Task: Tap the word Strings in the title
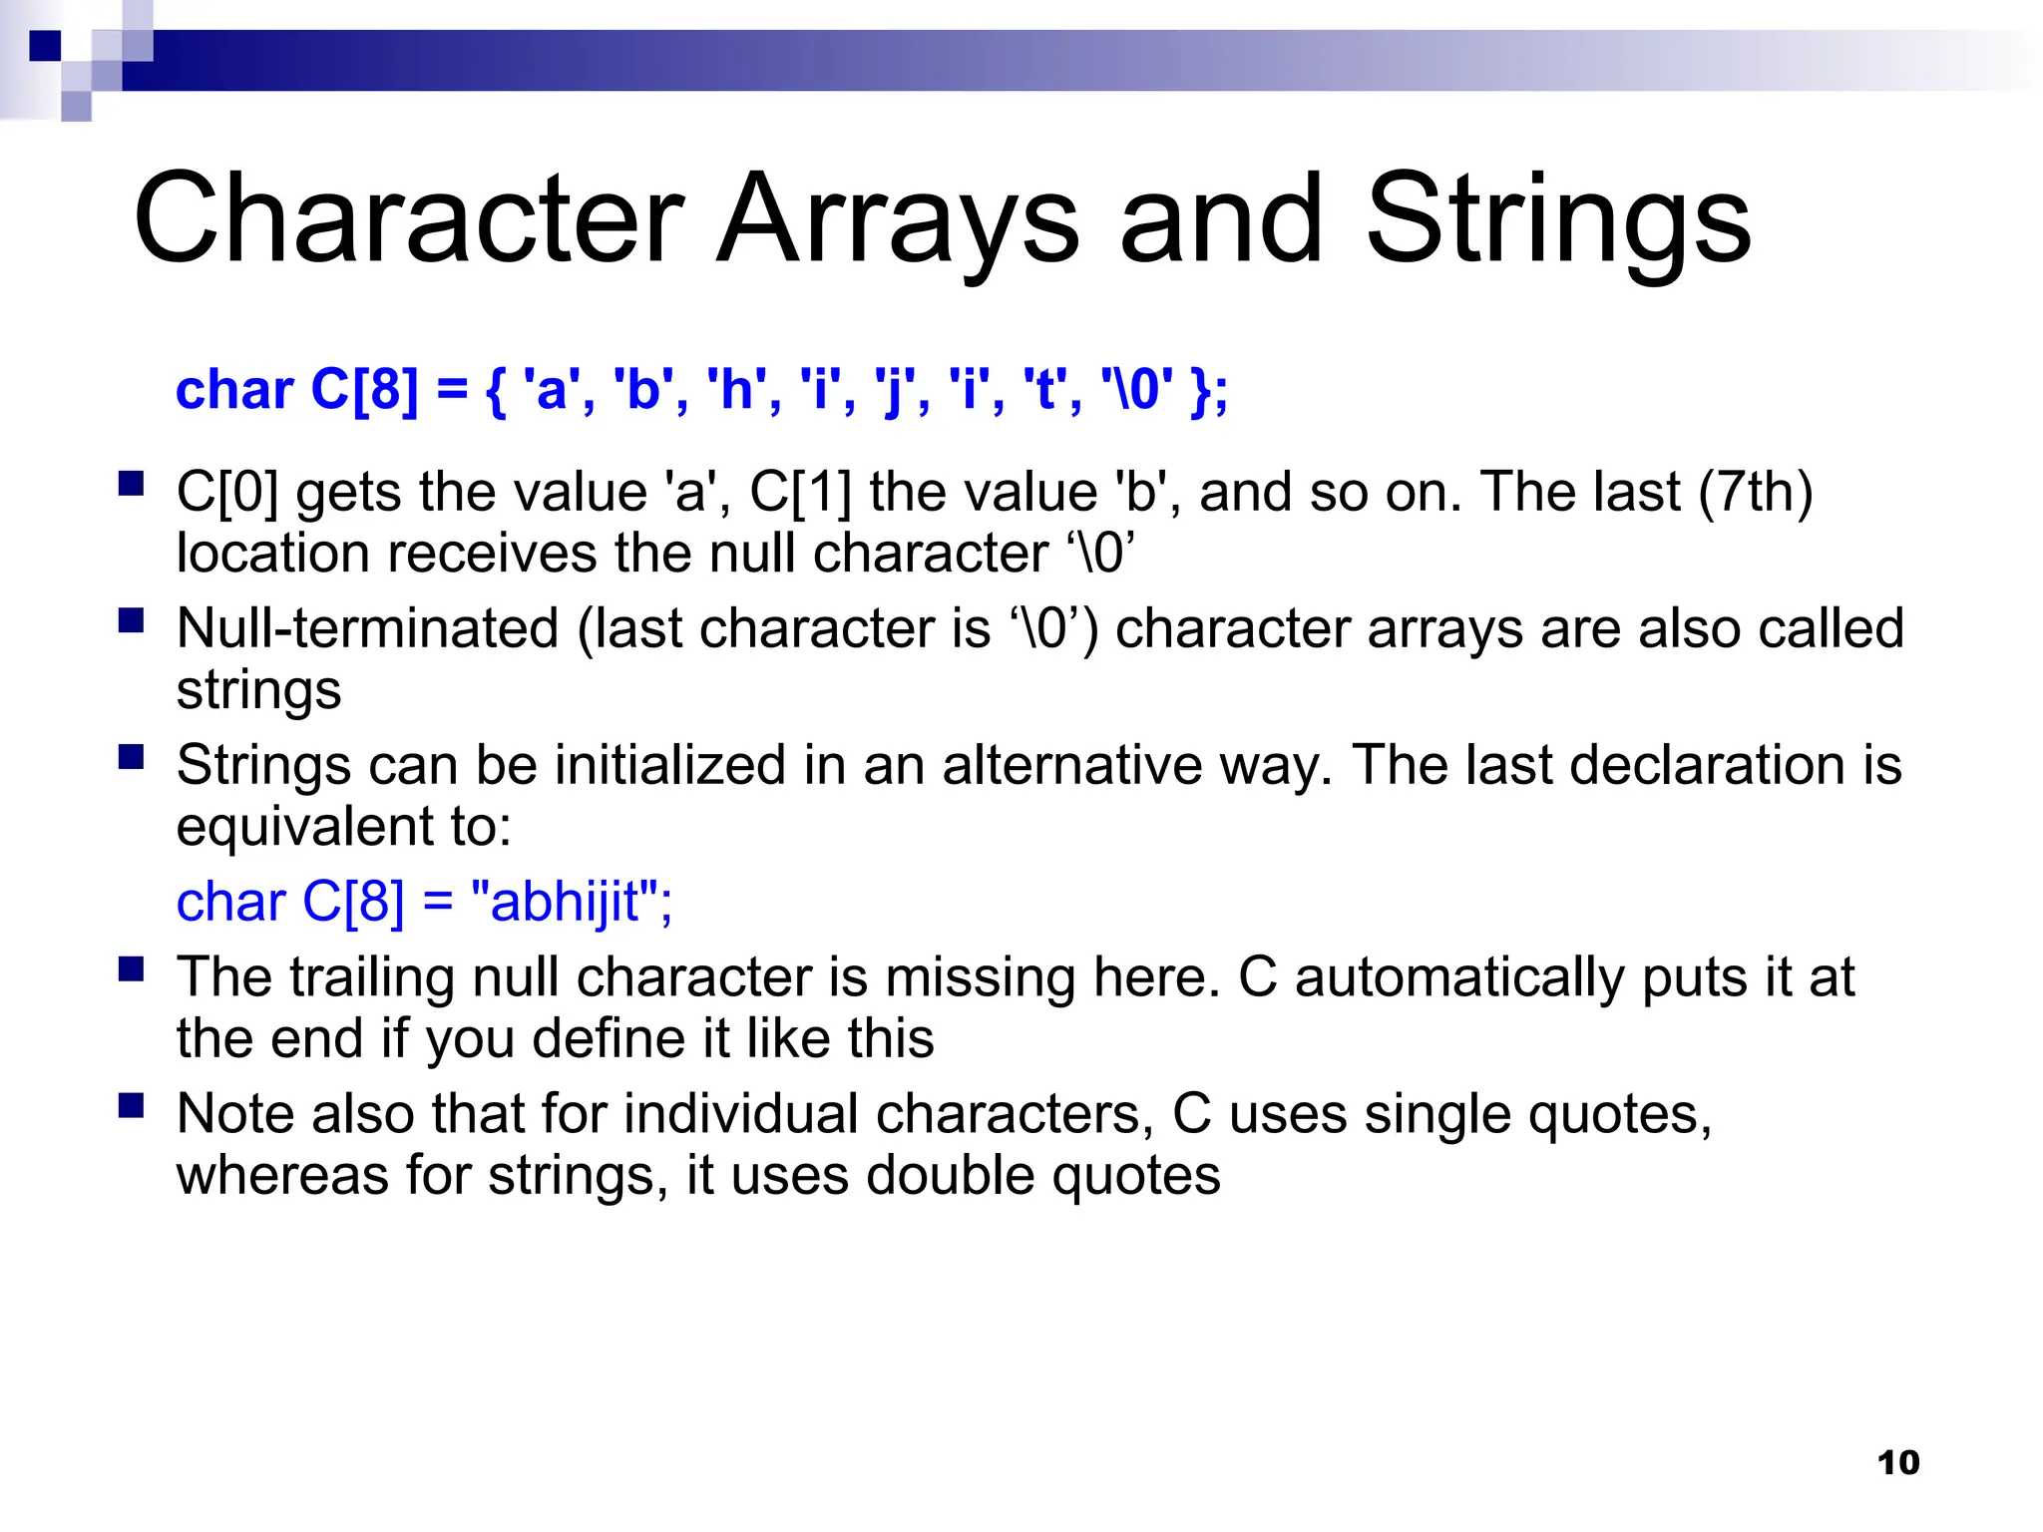1557,219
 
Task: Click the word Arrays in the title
898,219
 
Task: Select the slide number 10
1897,1462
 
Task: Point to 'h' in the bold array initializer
735,389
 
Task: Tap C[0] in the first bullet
227,492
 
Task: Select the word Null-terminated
367,628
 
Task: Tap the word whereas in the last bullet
282,1175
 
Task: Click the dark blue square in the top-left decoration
45,45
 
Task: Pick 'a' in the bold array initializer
551,389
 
